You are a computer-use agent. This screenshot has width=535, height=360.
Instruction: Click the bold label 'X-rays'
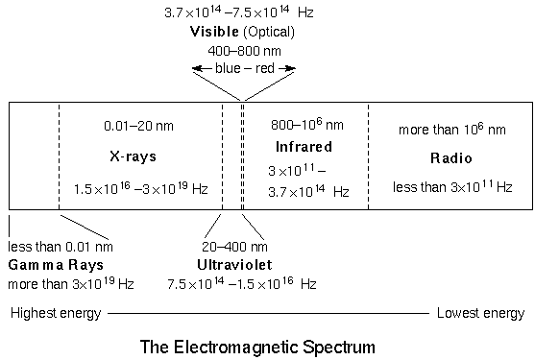pyautogui.click(x=139, y=156)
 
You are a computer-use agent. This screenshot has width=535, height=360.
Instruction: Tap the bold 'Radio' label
pyautogui.click(x=450, y=156)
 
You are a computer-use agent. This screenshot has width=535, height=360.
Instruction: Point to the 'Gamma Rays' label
pyautogui.click(x=56, y=264)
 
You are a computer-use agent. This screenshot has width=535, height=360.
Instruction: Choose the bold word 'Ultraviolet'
pyautogui.click(x=235, y=264)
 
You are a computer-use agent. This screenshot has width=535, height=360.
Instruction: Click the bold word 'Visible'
pyautogui.click(x=214, y=32)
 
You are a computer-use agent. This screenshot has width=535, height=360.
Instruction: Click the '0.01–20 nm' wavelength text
pyautogui.click(x=139, y=126)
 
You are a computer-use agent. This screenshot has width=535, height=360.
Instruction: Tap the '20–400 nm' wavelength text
pyautogui.click(x=235, y=247)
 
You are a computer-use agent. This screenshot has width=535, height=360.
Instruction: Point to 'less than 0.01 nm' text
pyautogui.click(x=60, y=247)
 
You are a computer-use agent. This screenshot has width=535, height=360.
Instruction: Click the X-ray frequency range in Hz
pyautogui.click(x=140, y=189)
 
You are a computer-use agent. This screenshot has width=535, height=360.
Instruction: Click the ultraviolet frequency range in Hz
pyautogui.click(x=242, y=283)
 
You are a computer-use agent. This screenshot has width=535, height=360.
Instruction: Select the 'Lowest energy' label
pyautogui.click(x=480, y=313)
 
